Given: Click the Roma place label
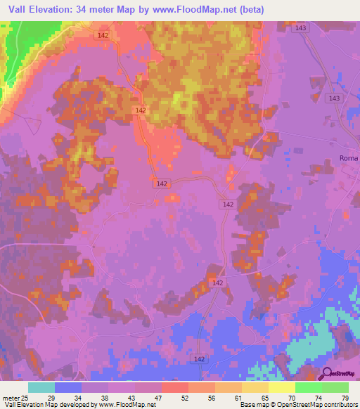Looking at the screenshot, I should pos(349,158).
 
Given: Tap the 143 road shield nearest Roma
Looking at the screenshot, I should pos(333,99).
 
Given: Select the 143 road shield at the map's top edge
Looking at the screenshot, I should pos(302,27).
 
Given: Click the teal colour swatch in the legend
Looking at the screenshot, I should pos(41,387).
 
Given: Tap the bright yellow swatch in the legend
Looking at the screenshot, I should pos(281,387).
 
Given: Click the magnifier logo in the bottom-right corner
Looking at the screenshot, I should pos(327,374).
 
